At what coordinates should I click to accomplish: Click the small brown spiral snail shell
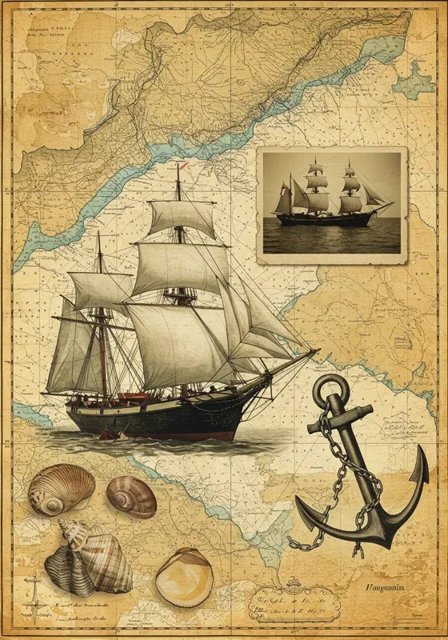point(131,496)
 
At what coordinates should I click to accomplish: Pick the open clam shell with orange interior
point(184,578)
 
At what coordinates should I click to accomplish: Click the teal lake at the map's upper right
point(416,80)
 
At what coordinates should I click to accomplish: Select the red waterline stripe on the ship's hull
point(160,433)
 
